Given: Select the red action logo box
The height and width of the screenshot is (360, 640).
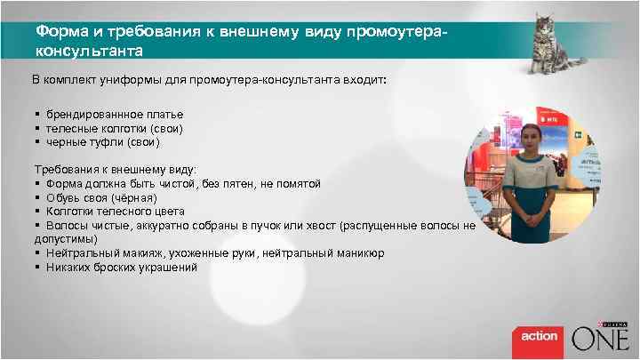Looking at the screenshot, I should coord(539,337).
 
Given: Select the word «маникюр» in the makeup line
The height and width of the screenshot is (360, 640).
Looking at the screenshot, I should coord(362,253).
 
